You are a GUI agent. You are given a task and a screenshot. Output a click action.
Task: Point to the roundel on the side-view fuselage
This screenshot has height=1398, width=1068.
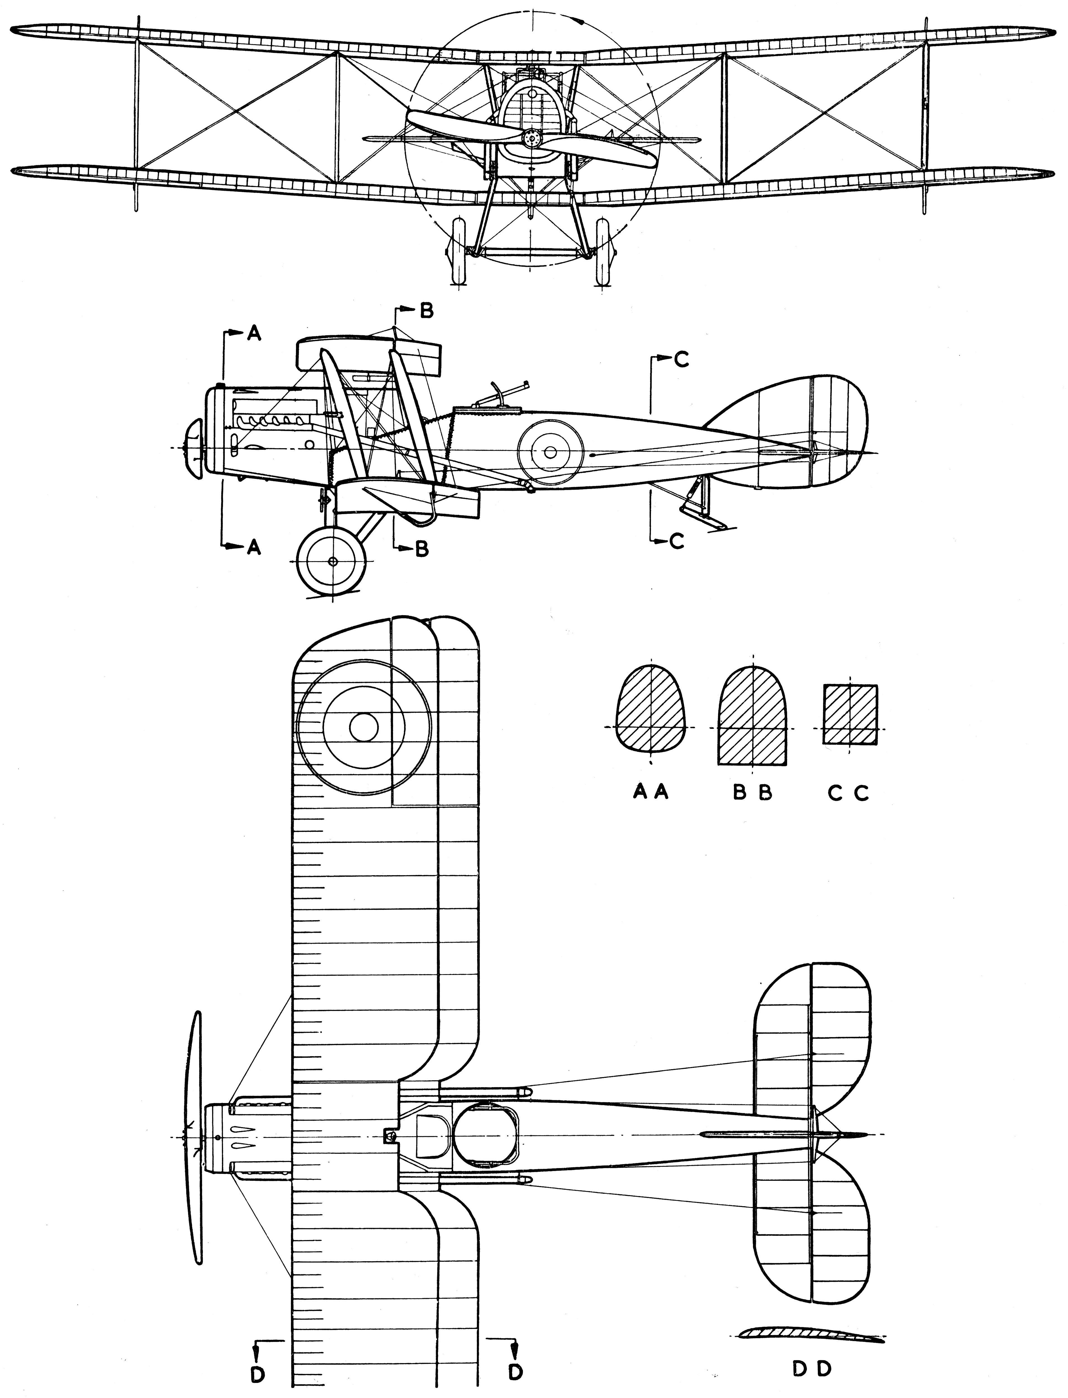(x=551, y=452)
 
